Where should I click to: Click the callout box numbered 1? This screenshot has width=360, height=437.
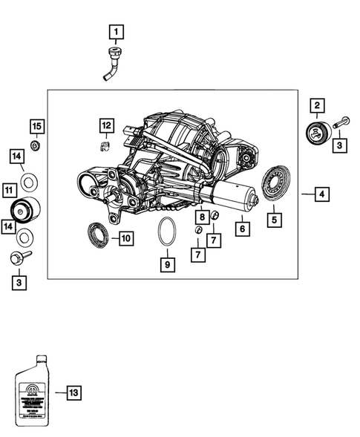click(117, 32)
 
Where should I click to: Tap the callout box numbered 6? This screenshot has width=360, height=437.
click(241, 229)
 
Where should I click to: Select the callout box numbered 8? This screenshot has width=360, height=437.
click(202, 216)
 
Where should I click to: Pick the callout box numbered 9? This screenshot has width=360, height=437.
click(167, 263)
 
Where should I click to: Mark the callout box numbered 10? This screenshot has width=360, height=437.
click(125, 238)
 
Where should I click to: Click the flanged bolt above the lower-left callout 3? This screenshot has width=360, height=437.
click(18, 258)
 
